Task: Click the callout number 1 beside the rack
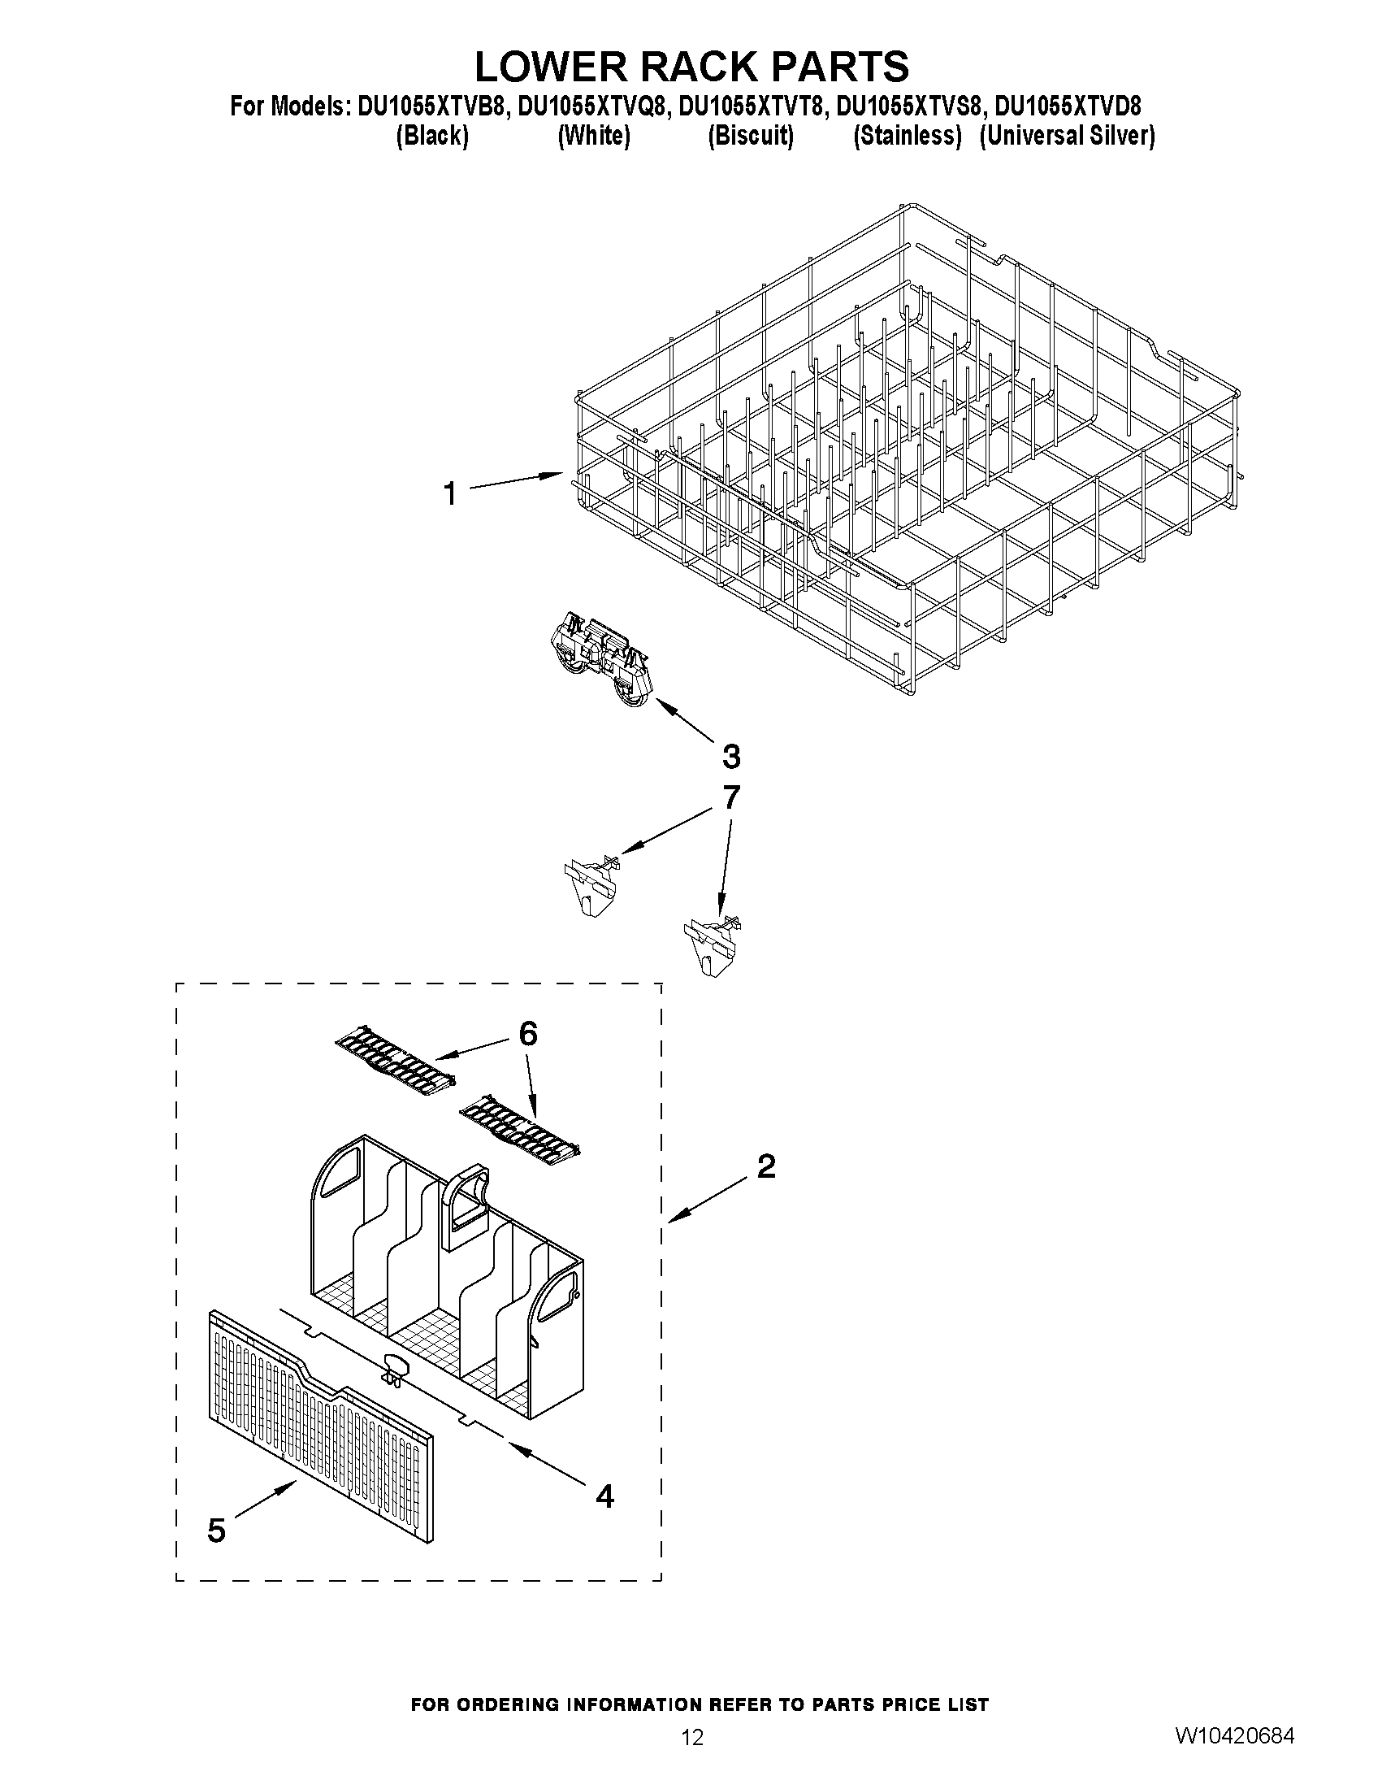pyautogui.click(x=449, y=494)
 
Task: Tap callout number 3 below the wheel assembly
pyautogui.click(x=731, y=756)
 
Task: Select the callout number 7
pyautogui.click(x=731, y=797)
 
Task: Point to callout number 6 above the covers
pyautogui.click(x=528, y=1035)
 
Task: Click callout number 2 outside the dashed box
pyautogui.click(x=766, y=1166)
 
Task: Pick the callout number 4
pyautogui.click(x=604, y=1496)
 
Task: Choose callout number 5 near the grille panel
pyautogui.click(x=216, y=1531)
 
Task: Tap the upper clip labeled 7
pyautogui.click(x=591, y=884)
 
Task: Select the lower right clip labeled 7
pyautogui.click(x=712, y=944)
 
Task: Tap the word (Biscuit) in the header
pyautogui.click(x=750, y=135)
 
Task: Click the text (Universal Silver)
pyautogui.click(x=1067, y=135)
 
